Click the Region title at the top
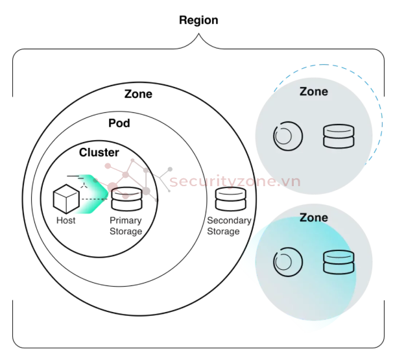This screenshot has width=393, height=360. (x=198, y=20)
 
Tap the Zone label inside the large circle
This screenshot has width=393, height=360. (x=138, y=94)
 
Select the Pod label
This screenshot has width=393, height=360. (x=119, y=123)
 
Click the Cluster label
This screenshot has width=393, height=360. (x=99, y=153)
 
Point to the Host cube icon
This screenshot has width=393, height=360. (x=65, y=198)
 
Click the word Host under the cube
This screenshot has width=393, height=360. (x=65, y=221)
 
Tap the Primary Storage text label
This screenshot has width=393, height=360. (x=126, y=226)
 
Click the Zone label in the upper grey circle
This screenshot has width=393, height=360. (x=313, y=91)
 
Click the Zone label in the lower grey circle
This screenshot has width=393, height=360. (x=313, y=218)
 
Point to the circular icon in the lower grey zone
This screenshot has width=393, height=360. (x=287, y=261)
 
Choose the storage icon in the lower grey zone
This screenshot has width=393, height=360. (x=339, y=261)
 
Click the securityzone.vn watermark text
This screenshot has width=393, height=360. (x=233, y=181)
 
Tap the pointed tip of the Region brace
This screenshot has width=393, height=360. (x=198, y=37)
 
